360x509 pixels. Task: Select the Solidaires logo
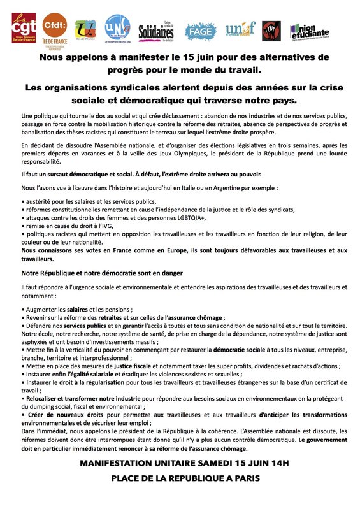click(156, 30)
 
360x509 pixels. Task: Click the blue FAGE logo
click(201, 30)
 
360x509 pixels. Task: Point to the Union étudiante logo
click(311, 30)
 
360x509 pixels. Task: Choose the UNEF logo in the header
click(240, 30)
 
